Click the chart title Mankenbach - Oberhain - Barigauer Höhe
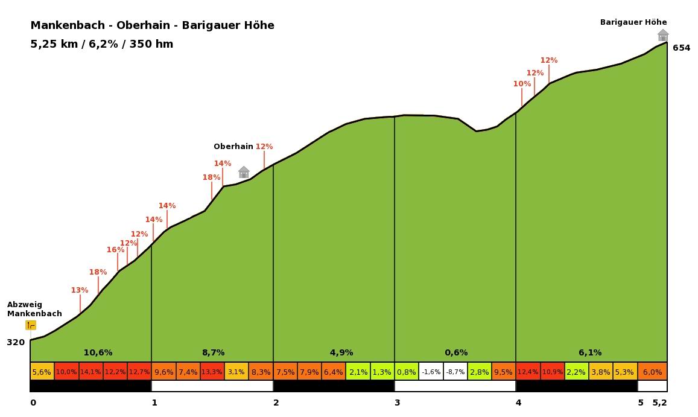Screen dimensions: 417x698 pyautogui.click(x=152, y=25)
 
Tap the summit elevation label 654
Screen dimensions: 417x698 pyautogui.click(x=681, y=48)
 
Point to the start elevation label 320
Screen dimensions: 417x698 pyautogui.click(x=16, y=342)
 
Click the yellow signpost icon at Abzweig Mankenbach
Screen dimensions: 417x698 pyautogui.click(x=31, y=325)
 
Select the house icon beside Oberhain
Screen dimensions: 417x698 pyautogui.click(x=244, y=172)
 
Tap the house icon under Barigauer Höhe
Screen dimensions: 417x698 pyautogui.click(x=663, y=35)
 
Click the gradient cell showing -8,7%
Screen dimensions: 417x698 pyautogui.click(x=455, y=372)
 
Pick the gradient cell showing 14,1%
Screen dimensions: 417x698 pyautogui.click(x=90, y=372)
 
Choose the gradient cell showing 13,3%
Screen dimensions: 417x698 pyautogui.click(x=212, y=372)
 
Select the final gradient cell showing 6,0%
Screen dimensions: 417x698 pyautogui.click(x=652, y=372)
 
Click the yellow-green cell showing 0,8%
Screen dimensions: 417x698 pyautogui.click(x=407, y=372)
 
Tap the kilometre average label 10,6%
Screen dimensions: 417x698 pyautogui.click(x=98, y=352)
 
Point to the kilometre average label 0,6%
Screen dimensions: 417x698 pyautogui.click(x=456, y=352)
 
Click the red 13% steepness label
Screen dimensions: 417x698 pyautogui.click(x=80, y=290)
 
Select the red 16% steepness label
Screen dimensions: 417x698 pyautogui.click(x=115, y=250)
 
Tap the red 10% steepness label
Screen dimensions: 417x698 pyautogui.click(x=522, y=84)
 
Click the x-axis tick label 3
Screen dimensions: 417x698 pyautogui.click(x=397, y=403)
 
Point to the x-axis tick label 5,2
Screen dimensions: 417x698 pyautogui.click(x=659, y=403)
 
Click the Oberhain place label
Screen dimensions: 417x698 pyautogui.click(x=233, y=146)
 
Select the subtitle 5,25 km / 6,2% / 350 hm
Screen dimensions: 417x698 pyautogui.click(x=101, y=44)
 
